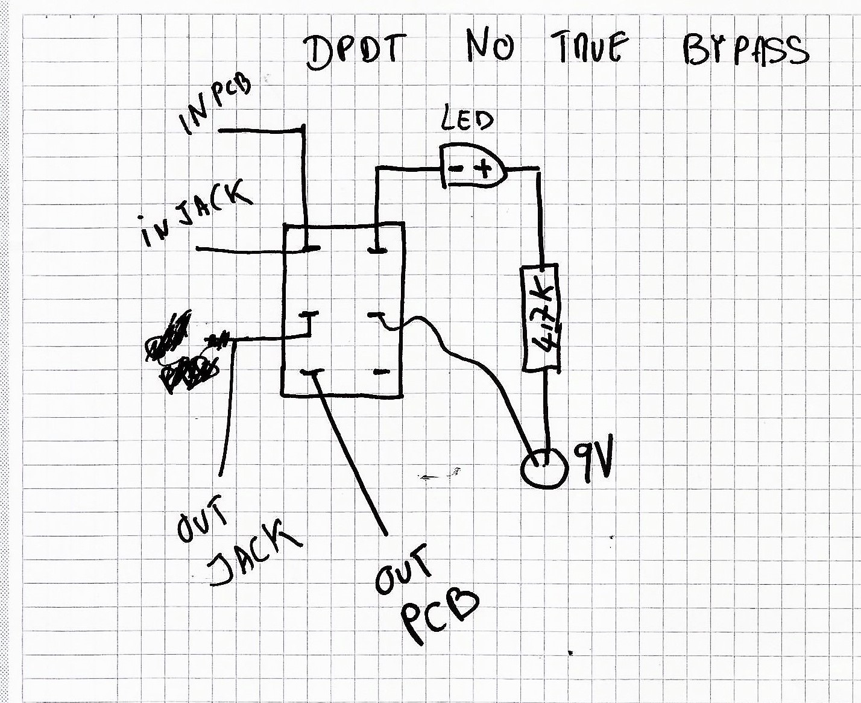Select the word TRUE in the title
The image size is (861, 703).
coord(590,48)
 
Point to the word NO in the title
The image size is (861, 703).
coord(490,47)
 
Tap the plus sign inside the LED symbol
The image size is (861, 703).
coord(484,169)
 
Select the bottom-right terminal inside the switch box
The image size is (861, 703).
coord(380,372)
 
